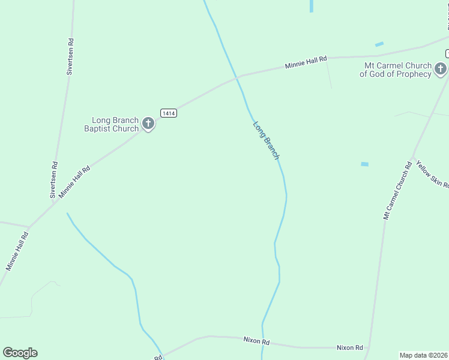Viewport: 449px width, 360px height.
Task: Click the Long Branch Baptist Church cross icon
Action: click(148, 124)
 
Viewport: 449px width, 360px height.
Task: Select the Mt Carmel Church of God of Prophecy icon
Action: click(441, 69)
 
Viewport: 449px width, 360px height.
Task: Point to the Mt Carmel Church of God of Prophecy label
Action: click(396, 70)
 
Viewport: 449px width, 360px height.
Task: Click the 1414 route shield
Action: click(169, 113)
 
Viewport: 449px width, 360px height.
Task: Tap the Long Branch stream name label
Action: click(266, 140)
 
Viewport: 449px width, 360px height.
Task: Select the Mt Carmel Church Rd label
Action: click(397, 190)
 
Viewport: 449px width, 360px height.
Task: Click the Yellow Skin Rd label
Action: click(432, 174)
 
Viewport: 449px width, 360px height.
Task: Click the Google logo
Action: click(20, 353)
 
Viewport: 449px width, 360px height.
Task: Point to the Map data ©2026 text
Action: click(424, 355)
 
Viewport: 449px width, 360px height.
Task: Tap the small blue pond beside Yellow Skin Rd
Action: click(364, 164)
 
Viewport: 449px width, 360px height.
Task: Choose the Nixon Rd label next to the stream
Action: click(256, 341)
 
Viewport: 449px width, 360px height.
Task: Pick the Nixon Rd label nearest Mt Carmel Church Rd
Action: click(349, 347)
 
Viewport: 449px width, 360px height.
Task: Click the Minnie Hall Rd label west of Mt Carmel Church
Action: click(306, 61)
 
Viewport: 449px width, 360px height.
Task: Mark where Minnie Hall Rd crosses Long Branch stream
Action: click(238, 77)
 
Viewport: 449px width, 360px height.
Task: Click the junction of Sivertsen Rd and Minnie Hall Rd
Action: click(55, 202)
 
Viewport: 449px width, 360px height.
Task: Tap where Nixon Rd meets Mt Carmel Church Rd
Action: click(368, 348)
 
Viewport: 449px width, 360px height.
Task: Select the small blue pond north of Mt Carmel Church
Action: click(379, 44)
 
